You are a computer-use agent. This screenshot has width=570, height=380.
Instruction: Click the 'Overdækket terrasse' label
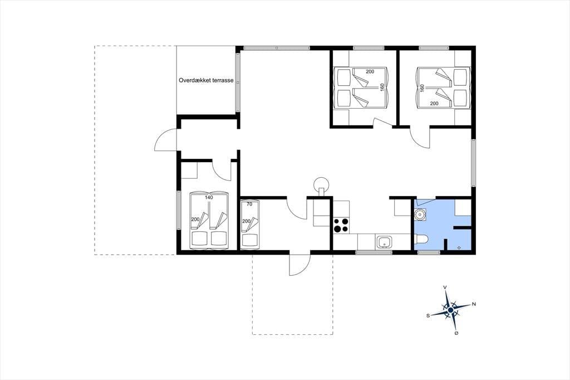pyautogui.click(x=206, y=80)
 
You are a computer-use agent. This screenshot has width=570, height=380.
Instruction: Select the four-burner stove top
pyautogui.click(x=342, y=225)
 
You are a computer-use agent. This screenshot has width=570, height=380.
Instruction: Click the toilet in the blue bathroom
pyautogui.click(x=422, y=240)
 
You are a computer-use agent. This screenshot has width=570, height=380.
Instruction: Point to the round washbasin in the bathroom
pyautogui.click(x=421, y=215)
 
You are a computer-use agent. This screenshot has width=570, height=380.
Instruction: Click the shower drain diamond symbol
pyautogui.click(x=459, y=247)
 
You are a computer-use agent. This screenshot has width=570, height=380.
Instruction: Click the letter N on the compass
pyautogui.click(x=474, y=304)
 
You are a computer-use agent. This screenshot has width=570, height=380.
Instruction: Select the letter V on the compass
pyautogui.click(x=445, y=288)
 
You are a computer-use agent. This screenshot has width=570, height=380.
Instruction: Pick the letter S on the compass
pyautogui.click(x=428, y=315)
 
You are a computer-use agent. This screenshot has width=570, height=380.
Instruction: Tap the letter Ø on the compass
pyautogui.click(x=456, y=333)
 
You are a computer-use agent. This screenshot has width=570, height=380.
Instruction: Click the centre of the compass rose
pyautogui.click(x=451, y=310)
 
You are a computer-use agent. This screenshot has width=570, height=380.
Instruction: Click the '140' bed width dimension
pyautogui.click(x=209, y=197)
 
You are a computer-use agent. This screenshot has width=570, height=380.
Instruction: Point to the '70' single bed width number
pyautogui.click(x=249, y=204)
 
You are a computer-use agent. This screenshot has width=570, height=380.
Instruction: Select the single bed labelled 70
pyautogui.click(x=249, y=224)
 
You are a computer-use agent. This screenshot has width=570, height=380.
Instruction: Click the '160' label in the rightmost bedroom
pyautogui.click(x=422, y=88)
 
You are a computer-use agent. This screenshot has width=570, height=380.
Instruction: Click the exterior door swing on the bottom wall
pyautogui.click(x=299, y=265)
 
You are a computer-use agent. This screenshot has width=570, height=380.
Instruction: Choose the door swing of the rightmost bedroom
pyautogui.click(x=420, y=137)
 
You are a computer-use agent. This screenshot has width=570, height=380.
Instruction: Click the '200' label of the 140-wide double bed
pyautogui.click(x=195, y=219)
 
